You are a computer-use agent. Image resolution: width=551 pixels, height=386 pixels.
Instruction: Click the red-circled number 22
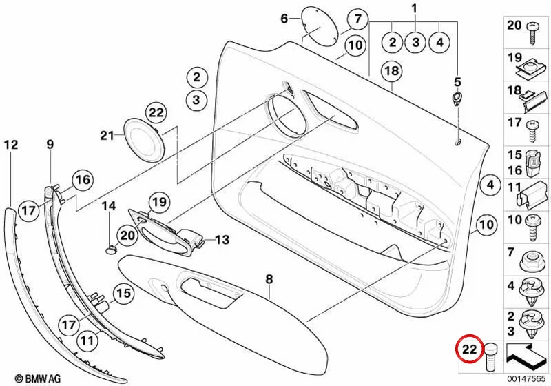click(x=470, y=349)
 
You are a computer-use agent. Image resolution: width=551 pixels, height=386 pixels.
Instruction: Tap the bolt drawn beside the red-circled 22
click(x=491, y=357)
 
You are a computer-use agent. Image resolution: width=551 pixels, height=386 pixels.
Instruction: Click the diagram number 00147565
click(x=526, y=378)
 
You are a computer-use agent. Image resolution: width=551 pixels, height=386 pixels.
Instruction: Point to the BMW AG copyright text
click(x=38, y=378)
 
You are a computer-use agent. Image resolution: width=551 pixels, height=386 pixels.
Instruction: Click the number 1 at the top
click(x=415, y=8)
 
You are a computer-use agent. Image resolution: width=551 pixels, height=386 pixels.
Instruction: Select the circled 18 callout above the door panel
click(x=391, y=71)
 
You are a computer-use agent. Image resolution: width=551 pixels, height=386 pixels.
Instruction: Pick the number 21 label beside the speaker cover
click(x=107, y=135)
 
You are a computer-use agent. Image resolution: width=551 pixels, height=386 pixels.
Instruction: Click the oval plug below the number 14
click(x=111, y=249)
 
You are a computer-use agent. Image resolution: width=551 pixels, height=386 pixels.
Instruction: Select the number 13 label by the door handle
click(x=222, y=240)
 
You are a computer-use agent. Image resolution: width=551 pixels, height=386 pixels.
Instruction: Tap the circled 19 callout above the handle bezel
click(x=159, y=202)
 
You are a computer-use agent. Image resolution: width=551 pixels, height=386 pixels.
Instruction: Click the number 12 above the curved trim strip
click(x=11, y=144)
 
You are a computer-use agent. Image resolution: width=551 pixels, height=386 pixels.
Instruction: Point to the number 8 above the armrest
click(x=269, y=279)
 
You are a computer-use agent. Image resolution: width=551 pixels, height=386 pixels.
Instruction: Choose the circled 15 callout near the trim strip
click(x=123, y=293)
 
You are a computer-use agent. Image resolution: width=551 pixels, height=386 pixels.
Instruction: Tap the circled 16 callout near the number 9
click(x=83, y=180)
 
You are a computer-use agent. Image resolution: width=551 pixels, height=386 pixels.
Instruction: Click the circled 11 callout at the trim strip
click(x=87, y=340)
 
